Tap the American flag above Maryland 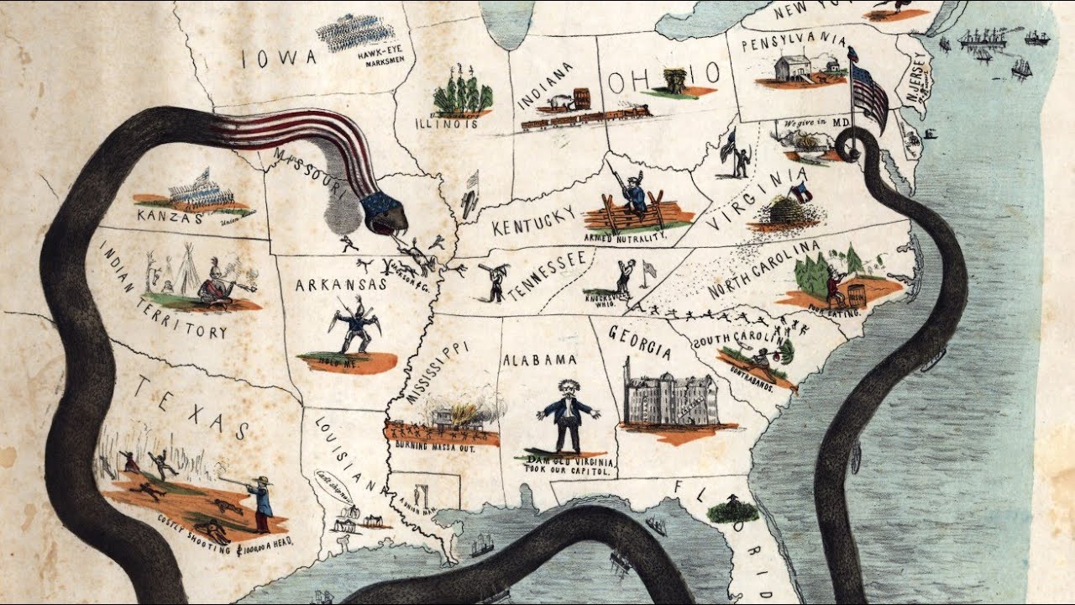[x=869, y=93]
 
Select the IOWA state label [x=277, y=58]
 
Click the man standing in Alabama [x=568, y=416]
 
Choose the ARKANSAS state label [x=340, y=285]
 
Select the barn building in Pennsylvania [x=793, y=68]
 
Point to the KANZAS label [x=169, y=218]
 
